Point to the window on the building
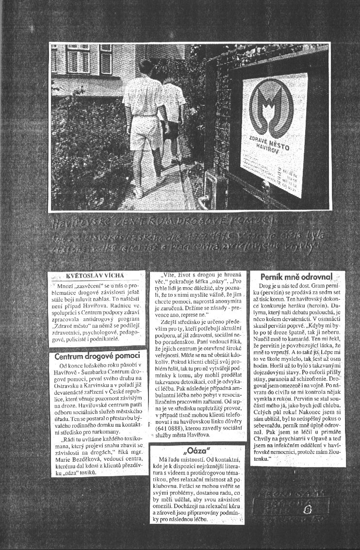106,58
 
